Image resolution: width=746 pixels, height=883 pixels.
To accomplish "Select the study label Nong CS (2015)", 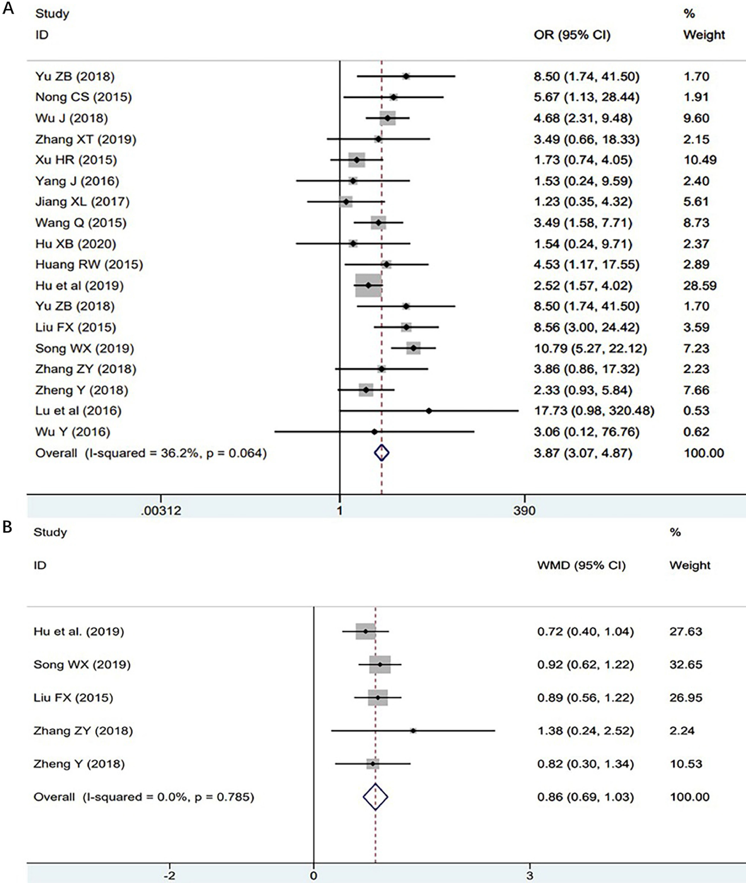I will click(83, 97).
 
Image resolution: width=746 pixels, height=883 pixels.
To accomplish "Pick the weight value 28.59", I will click(700, 285).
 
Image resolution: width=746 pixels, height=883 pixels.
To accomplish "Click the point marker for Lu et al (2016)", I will click(429, 411).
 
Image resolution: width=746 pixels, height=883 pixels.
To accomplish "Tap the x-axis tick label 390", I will click(524, 510).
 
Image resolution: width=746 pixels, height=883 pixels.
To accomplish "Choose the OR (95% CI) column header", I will click(572, 35).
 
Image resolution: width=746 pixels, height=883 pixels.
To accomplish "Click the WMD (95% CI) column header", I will click(581, 565).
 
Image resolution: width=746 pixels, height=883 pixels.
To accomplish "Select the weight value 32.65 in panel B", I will click(685, 664).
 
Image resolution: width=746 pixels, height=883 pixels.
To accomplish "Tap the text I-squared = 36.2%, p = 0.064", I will click(176, 453).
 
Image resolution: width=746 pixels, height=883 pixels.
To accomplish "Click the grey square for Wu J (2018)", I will click(387, 118).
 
